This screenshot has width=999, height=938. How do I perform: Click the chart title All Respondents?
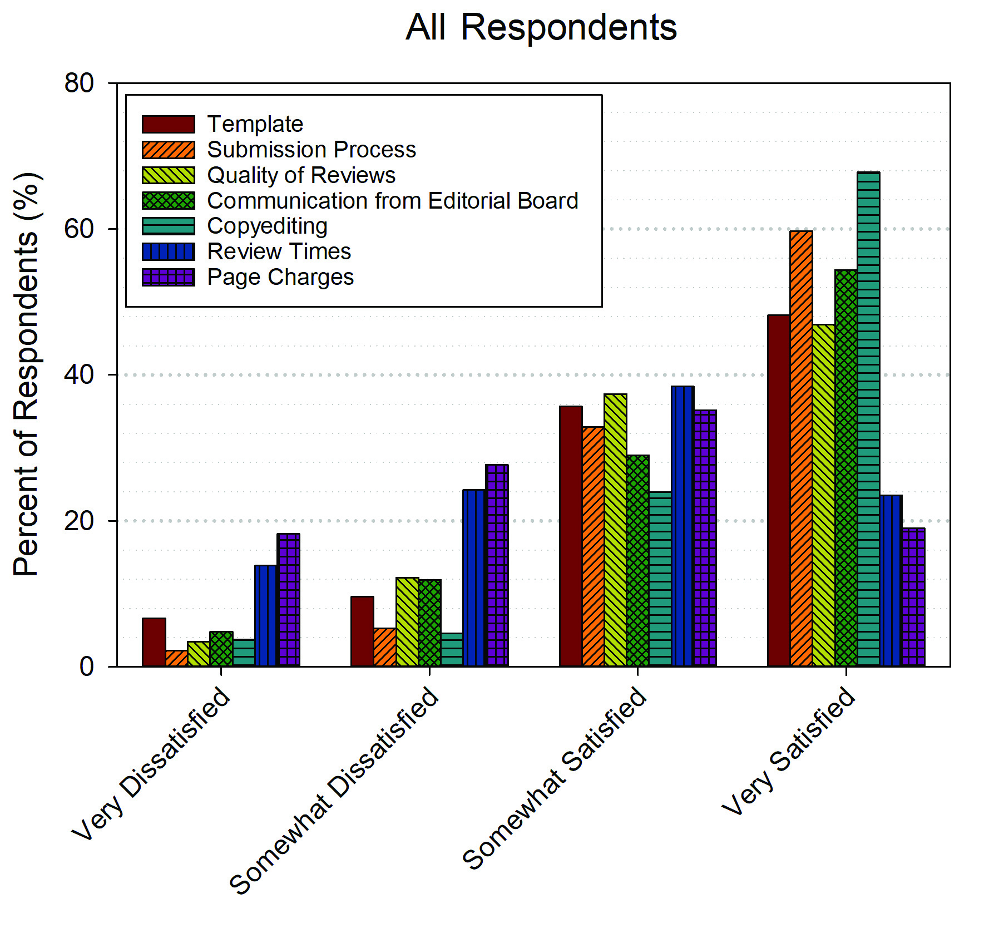541,27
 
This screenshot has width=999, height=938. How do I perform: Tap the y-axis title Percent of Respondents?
26,374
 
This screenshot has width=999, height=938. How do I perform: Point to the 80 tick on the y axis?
79,83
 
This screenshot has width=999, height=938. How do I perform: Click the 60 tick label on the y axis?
79,229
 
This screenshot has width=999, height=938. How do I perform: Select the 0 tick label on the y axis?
86,666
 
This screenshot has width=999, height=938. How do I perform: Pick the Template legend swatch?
168,124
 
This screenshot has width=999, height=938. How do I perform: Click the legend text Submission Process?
311,150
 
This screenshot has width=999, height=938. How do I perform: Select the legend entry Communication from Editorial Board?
393,201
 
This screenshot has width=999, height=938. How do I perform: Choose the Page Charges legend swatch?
168,277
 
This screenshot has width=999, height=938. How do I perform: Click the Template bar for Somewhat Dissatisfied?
362,631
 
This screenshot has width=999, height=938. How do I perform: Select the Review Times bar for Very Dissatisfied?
266,616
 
